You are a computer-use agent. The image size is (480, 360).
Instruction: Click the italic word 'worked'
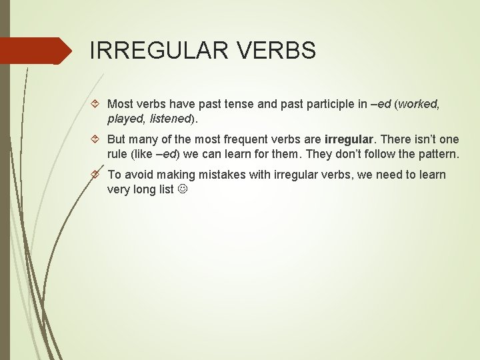point(419,104)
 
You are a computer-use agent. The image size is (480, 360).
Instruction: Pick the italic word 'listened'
point(170,119)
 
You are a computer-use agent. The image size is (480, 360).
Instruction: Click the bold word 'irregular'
point(349,139)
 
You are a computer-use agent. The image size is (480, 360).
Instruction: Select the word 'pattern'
point(437,154)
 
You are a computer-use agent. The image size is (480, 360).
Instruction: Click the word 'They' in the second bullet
point(318,154)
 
